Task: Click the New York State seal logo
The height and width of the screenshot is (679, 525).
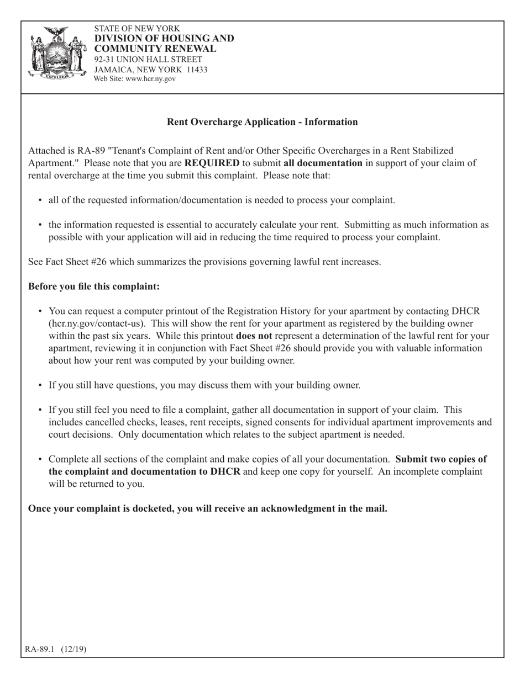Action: pos(58,54)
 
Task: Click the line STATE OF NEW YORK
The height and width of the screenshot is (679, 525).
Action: pos(136,28)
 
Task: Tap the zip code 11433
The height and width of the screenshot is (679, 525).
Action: pos(197,70)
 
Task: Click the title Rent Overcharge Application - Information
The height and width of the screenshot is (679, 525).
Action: pos(262,122)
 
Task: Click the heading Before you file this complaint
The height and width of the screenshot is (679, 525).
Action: pos(94,287)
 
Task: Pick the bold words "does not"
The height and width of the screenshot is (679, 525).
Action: pos(254,336)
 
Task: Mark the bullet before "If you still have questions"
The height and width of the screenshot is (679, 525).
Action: pos(40,385)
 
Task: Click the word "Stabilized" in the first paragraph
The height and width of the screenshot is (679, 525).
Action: pos(426,151)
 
